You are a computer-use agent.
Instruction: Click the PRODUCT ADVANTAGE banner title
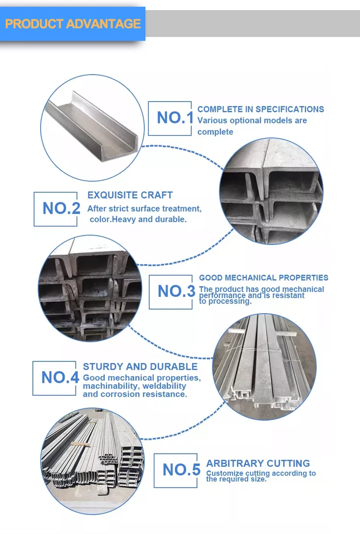(x=72, y=24)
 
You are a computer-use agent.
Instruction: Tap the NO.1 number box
(x=170, y=118)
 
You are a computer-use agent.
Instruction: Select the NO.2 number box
(x=55, y=209)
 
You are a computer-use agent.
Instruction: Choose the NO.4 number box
(x=54, y=378)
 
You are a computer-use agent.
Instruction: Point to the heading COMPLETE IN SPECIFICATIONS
(x=261, y=109)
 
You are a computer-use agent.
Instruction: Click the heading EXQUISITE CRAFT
(x=130, y=195)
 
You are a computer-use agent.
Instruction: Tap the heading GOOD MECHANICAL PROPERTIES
(x=264, y=278)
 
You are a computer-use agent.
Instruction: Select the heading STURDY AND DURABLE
(x=140, y=367)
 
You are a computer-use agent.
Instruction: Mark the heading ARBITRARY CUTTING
(x=258, y=463)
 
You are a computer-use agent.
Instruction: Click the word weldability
(x=163, y=386)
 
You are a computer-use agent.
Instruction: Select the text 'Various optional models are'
(x=252, y=121)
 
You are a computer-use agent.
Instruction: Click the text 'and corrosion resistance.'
(x=135, y=394)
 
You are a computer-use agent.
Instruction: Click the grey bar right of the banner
(x=252, y=24)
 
